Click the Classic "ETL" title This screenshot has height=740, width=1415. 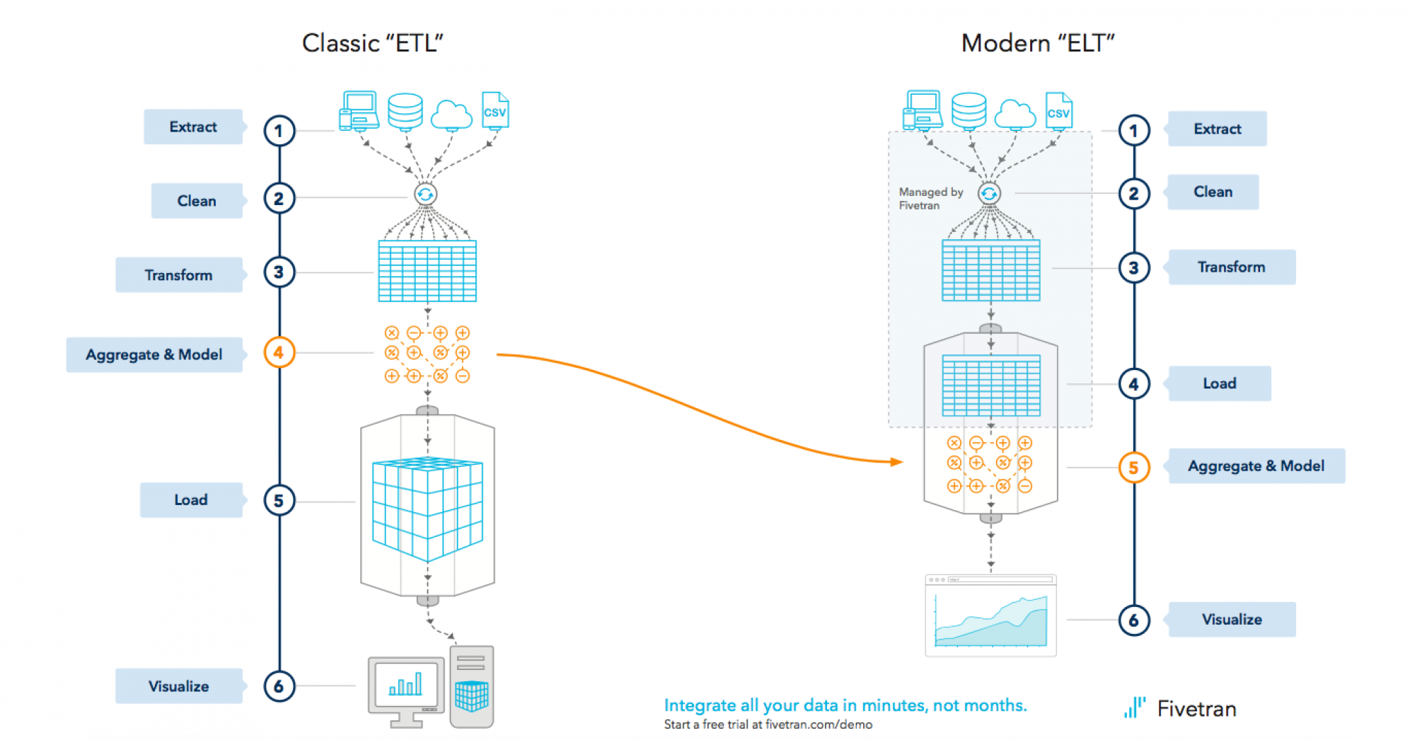373,43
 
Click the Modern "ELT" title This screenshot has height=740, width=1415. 1038,43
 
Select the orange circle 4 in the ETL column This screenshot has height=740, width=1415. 279,352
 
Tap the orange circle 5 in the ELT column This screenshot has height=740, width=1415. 1133,468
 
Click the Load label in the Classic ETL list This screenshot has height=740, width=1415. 191,500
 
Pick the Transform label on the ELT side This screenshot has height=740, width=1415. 1231,267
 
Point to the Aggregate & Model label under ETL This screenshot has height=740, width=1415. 154,354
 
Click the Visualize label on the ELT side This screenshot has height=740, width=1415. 1231,620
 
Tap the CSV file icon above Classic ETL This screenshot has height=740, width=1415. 495,110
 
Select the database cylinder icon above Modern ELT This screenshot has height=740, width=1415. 969,110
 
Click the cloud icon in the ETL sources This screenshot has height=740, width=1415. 451,115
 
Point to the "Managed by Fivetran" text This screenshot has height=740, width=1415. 930,199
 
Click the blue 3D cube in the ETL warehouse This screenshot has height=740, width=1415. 427,508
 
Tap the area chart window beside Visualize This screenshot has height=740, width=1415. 990,615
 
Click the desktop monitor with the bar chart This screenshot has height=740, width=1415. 405,688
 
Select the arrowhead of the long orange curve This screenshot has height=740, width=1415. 898,462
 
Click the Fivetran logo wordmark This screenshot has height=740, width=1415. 1196,709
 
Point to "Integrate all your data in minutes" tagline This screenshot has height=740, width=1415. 845,705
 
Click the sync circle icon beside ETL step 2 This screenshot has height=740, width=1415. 425,195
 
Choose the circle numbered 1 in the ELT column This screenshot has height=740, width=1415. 1133,131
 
